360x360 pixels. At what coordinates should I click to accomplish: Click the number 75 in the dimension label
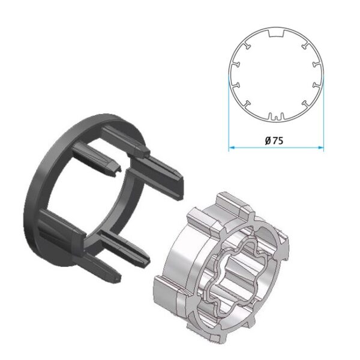[278, 140]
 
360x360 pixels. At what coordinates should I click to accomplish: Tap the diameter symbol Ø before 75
[268, 140]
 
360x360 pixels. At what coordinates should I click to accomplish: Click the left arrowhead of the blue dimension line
[232, 148]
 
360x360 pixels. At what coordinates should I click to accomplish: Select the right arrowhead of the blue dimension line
[321, 148]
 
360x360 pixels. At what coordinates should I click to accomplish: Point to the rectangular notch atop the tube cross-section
[276, 34]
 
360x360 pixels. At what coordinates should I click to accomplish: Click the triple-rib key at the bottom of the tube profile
[276, 116]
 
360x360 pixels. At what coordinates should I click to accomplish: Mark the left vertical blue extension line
[229, 113]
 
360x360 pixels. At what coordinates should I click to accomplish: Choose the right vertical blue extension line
[324, 113]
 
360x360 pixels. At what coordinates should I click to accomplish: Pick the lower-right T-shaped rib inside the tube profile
[305, 104]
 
